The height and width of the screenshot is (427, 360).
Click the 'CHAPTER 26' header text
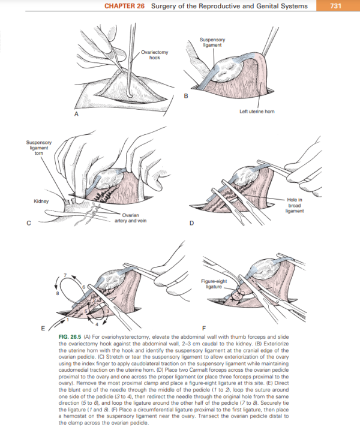coord(125,6)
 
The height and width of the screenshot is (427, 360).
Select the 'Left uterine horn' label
coord(256,111)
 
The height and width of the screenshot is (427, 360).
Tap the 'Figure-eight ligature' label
coord(212,284)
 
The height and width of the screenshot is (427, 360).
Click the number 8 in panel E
coord(58,293)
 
